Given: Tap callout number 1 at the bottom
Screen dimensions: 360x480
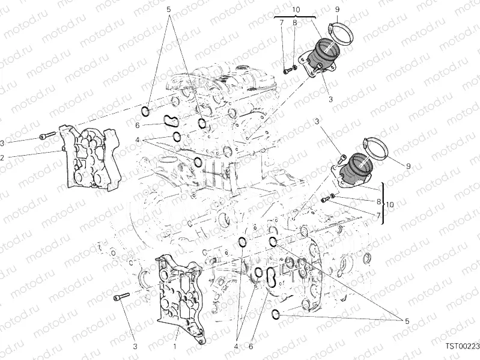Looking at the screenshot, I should [x=175, y=347].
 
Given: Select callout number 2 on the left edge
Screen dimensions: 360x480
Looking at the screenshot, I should [x=2, y=157].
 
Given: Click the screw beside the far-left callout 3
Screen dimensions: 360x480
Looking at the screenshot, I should [x=46, y=136].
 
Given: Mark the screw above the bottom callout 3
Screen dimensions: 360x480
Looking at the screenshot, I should [x=121, y=296].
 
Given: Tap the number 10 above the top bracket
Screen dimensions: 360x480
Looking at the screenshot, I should [x=296, y=10].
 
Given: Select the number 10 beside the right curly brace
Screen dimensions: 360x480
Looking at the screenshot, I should [x=390, y=205].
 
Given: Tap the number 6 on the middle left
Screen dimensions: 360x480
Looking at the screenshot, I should [x=138, y=125].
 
